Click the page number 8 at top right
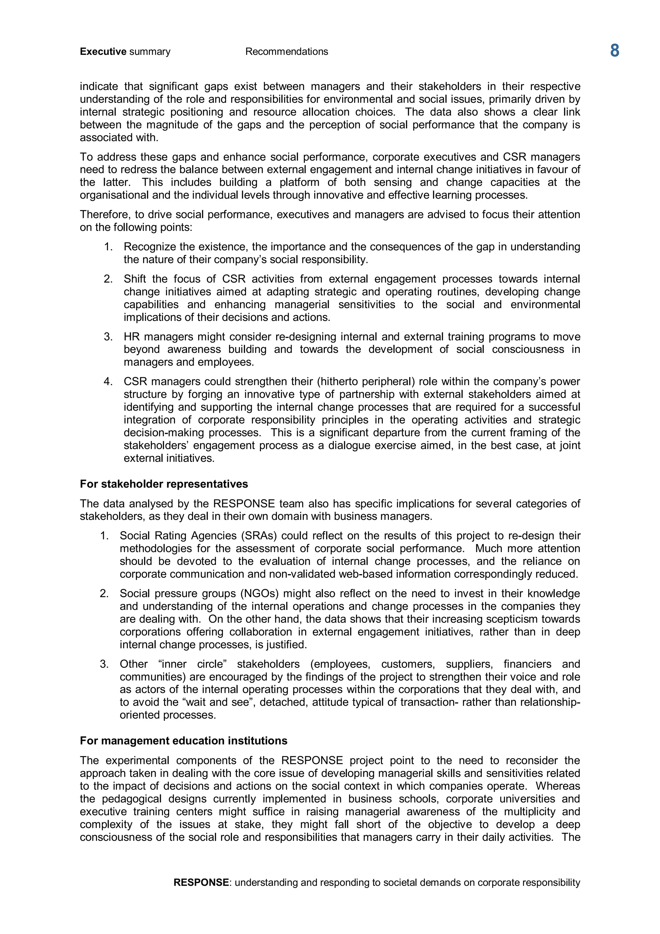(615, 51)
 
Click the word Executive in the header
(103, 52)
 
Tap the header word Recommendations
(286, 52)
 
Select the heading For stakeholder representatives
(164, 484)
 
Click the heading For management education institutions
(183, 741)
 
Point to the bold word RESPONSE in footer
(201, 882)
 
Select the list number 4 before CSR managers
(108, 382)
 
